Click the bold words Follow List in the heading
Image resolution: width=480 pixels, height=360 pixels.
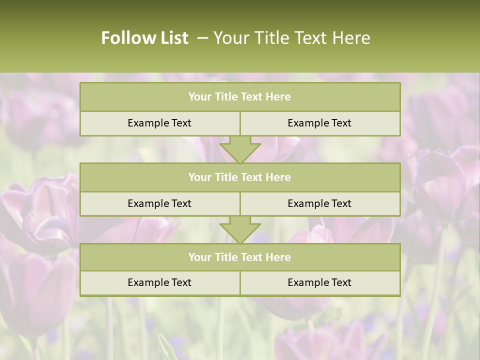coord(144,38)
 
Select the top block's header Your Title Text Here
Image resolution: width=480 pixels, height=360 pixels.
coord(239,97)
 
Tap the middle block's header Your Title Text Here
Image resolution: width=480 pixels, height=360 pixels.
coord(239,177)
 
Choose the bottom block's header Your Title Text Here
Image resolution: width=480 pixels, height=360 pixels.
coord(239,257)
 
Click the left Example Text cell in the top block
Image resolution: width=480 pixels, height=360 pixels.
coord(159,123)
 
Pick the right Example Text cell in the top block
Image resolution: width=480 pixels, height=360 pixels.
coord(319,123)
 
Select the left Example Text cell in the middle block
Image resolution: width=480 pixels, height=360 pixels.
coord(159,203)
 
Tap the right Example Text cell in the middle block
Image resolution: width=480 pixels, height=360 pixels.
coord(319,203)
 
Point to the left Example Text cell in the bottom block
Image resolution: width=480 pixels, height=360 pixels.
coord(159,282)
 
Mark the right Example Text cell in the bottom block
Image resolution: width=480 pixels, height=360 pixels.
coord(319,282)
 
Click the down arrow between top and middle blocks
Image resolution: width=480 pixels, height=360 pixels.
coord(240,149)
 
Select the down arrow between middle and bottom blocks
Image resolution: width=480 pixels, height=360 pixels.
coord(240,229)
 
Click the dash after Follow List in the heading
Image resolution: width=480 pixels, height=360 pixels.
coord(202,38)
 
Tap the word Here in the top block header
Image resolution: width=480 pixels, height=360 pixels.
coord(278,97)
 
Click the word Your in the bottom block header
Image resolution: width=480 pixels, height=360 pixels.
coord(200,257)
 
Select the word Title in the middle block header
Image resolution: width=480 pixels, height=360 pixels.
coord(225,177)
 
